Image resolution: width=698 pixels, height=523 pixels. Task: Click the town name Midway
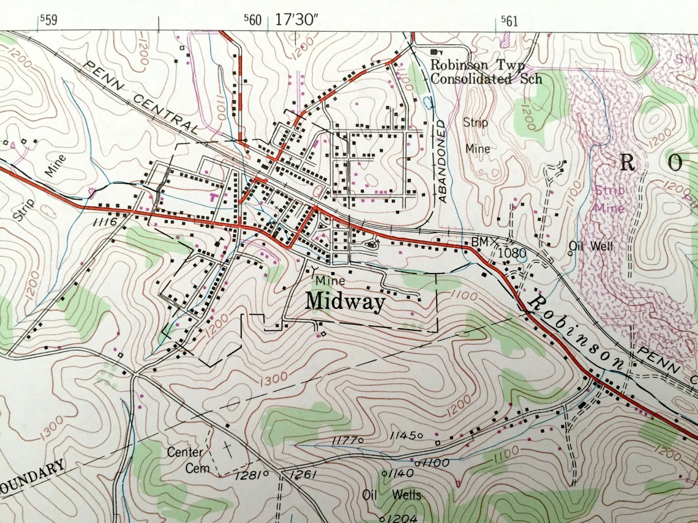click(x=345, y=302)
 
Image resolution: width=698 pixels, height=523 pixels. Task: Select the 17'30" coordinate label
click(x=297, y=20)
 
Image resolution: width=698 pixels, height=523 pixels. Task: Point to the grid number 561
click(x=509, y=21)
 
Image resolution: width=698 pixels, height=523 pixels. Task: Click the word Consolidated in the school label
click(x=471, y=78)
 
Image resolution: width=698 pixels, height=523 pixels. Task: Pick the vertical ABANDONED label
click(x=441, y=161)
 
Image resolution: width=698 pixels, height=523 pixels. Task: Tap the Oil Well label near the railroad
click(x=591, y=246)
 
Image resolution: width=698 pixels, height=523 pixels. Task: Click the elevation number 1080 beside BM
click(x=512, y=251)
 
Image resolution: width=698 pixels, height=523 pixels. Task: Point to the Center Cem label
click(x=185, y=460)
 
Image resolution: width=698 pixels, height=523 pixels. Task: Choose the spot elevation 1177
click(x=345, y=440)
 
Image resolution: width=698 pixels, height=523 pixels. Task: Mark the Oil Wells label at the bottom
click(x=392, y=494)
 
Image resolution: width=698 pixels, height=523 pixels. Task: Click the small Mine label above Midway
click(x=331, y=280)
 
